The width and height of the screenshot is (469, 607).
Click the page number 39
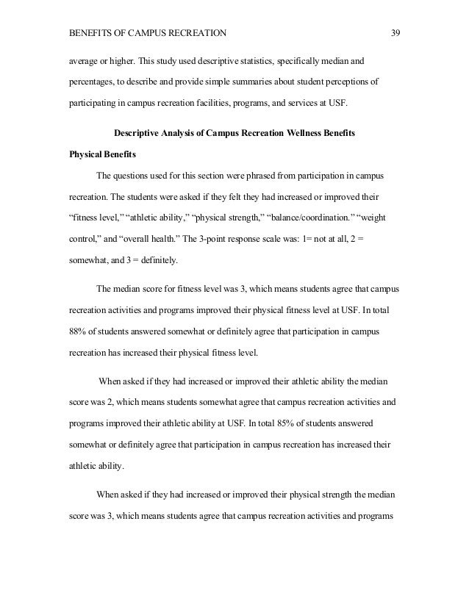[x=395, y=33]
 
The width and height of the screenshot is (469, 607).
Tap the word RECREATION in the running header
[x=195, y=33]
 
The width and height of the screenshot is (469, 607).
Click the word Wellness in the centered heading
[x=290, y=133]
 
